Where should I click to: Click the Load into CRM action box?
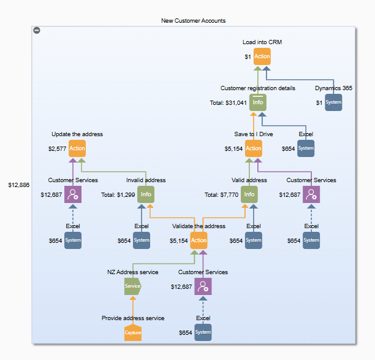(262, 56)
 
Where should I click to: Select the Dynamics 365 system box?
(333, 102)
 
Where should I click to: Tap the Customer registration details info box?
(258, 102)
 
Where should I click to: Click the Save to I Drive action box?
(253, 148)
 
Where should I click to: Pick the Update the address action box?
(77, 148)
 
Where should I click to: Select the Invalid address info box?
(146, 194)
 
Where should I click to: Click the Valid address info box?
(249, 194)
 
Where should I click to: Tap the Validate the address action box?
(199, 240)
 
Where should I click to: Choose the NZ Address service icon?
(133, 286)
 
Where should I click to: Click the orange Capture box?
(133, 333)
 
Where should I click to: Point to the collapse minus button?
(37, 30)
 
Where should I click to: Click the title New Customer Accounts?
(193, 21)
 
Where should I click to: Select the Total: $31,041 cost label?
(228, 102)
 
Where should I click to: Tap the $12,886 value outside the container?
(18, 184)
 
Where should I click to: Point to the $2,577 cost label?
(58, 148)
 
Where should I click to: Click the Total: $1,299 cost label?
(118, 194)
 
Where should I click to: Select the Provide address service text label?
(133, 318)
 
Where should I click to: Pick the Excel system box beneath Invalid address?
(142, 240)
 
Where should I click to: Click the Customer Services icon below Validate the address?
(203, 286)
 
